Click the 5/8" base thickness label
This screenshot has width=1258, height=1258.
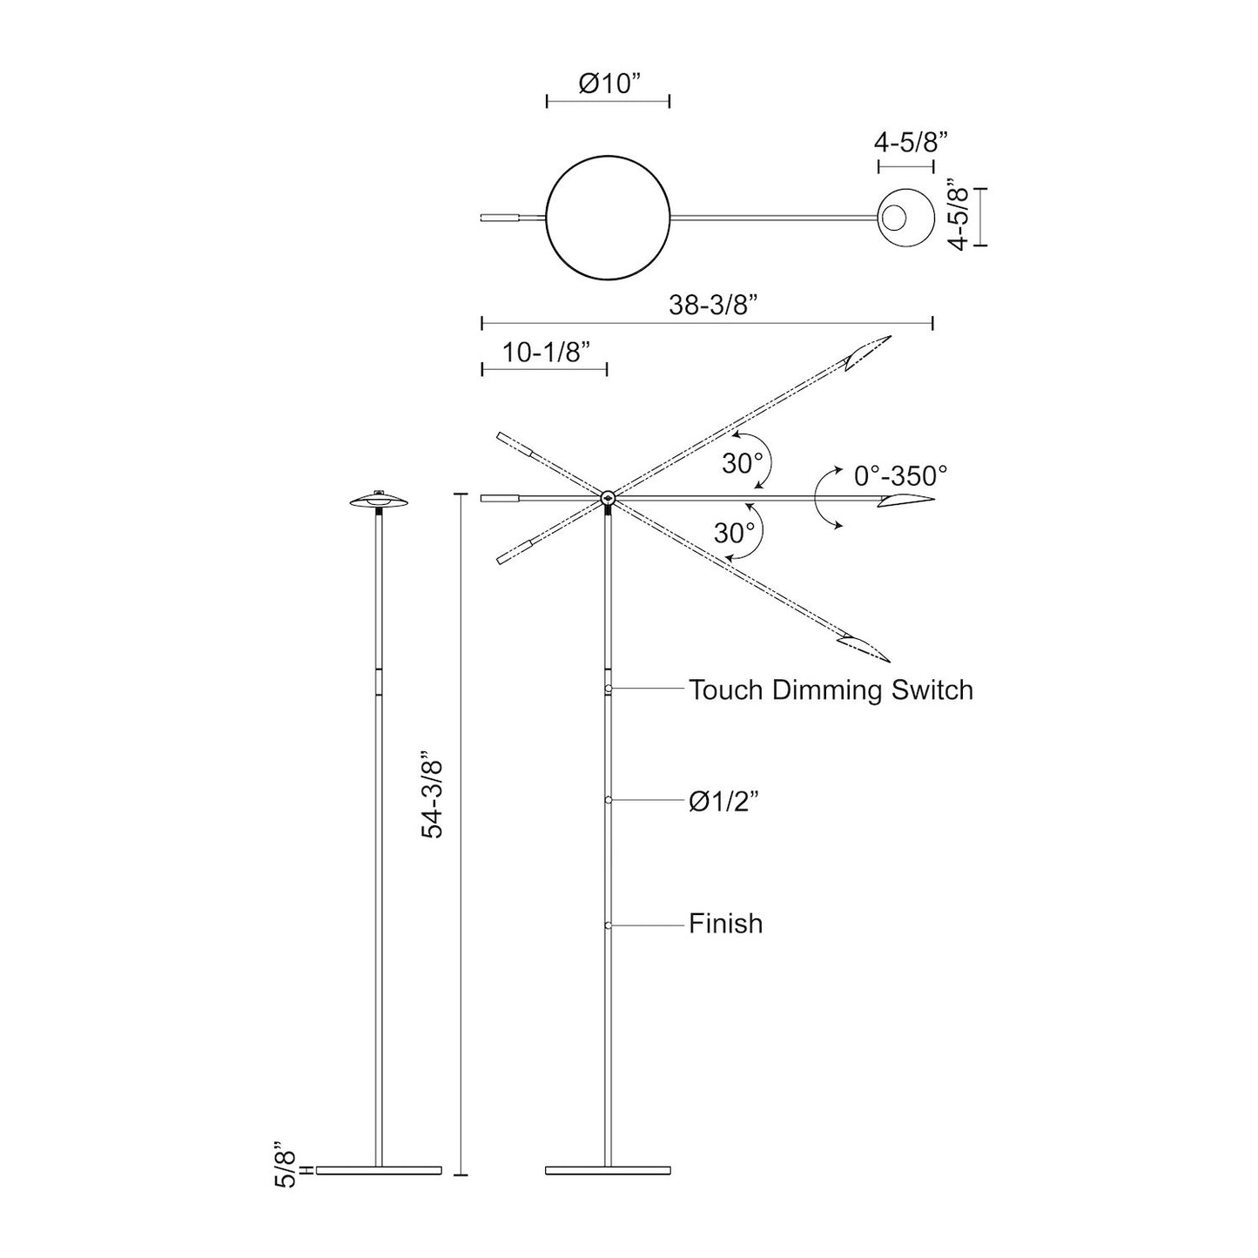[x=286, y=1166]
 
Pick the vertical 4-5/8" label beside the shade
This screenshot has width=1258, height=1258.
[x=959, y=217]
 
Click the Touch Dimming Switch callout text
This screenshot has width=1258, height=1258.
[x=831, y=690]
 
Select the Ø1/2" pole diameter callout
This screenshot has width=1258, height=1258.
[x=724, y=801]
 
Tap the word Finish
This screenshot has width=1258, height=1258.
[x=725, y=923]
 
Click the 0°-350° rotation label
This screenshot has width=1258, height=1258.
[x=899, y=475]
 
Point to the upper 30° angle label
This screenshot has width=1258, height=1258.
[x=742, y=464]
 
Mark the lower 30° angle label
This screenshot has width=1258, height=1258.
[x=734, y=533]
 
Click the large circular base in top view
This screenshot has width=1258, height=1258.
[x=608, y=217]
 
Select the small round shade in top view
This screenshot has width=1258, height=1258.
[x=905, y=217]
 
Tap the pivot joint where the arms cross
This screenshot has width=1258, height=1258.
[x=607, y=499]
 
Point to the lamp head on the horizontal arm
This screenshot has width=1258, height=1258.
[x=905, y=500]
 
